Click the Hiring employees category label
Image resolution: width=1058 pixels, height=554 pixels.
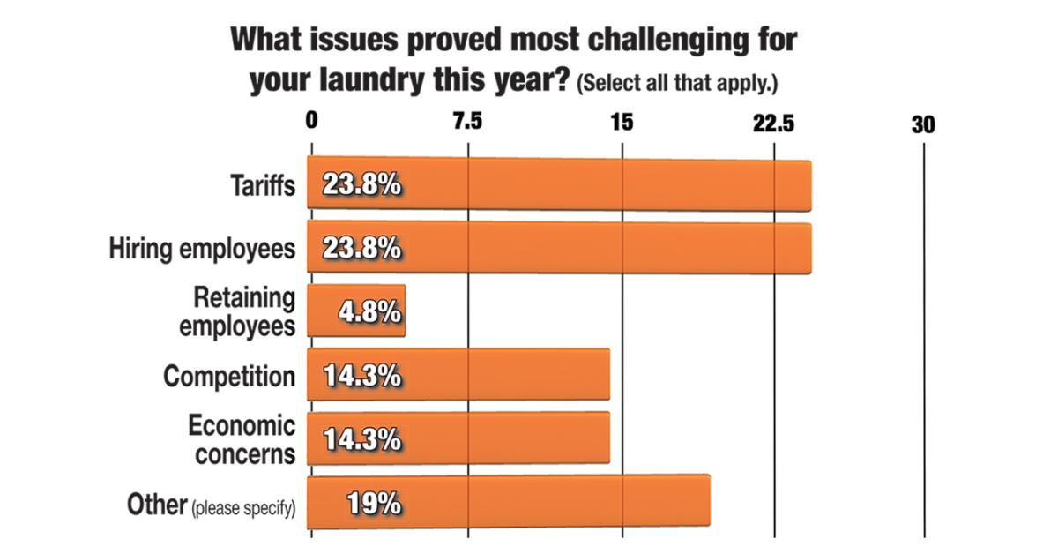[x=202, y=250]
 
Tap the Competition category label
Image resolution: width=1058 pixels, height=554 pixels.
[x=229, y=376]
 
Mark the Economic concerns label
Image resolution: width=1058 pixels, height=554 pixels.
[x=241, y=438]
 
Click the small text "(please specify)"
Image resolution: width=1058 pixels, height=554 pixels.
[x=243, y=507]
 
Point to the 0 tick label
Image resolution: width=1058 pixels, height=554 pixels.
[x=311, y=123]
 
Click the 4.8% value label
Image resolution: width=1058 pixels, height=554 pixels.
[x=370, y=312]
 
